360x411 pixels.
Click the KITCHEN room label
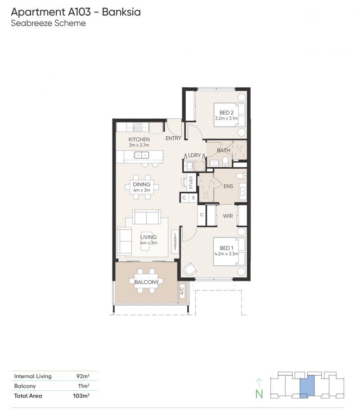click(x=139, y=139)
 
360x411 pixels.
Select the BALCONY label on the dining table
click(x=146, y=282)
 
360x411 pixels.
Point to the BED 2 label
click(x=226, y=112)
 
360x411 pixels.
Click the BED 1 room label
click(x=226, y=248)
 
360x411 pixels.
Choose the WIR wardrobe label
click(x=228, y=215)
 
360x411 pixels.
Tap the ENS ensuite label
click(x=228, y=186)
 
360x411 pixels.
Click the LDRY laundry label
click(x=194, y=155)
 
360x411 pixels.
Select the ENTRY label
click(x=173, y=138)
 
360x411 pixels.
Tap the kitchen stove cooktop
click(x=137, y=127)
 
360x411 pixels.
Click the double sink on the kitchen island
click(x=141, y=155)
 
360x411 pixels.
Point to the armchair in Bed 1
click(x=190, y=269)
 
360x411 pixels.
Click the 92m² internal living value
click(x=83, y=376)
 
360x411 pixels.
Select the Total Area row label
click(x=28, y=396)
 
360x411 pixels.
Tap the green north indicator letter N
click(x=259, y=394)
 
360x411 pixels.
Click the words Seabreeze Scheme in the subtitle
click(x=48, y=23)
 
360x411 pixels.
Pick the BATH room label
click(x=224, y=150)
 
